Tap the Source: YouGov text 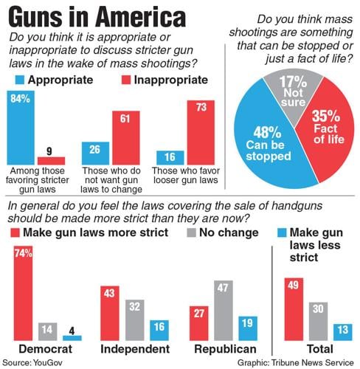click(x=32, y=362)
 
